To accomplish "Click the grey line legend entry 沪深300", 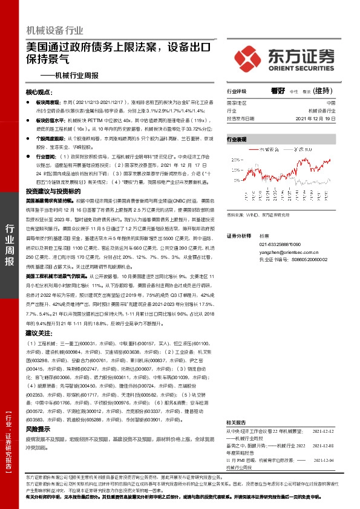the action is click(301, 149).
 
